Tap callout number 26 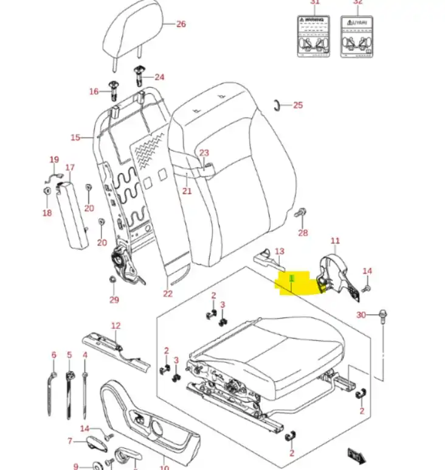[x=181, y=24]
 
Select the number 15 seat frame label [x=75, y=138]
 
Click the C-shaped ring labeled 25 [x=277, y=104]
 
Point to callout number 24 [x=159, y=77]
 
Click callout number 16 [x=94, y=92]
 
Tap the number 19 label [x=53, y=160]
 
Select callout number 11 [x=335, y=241]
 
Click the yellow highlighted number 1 [x=292, y=278]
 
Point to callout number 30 [x=361, y=315]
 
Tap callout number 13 [x=280, y=251]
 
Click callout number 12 [x=116, y=326]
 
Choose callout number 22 [x=168, y=294]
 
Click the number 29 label [x=114, y=300]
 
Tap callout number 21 [x=187, y=191]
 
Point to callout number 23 [x=204, y=153]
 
